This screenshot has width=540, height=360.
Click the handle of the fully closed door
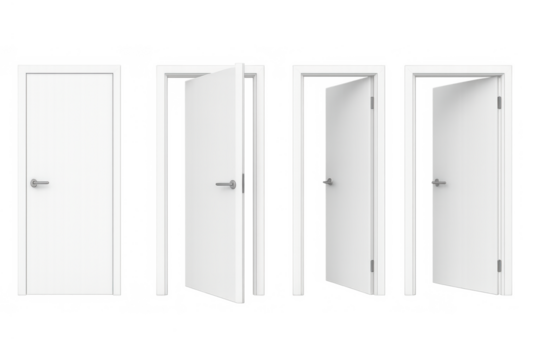(x=39, y=183)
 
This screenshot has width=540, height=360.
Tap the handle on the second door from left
(x=227, y=184)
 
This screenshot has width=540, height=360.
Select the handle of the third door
(x=327, y=182)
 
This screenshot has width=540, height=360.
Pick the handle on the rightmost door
(x=438, y=182)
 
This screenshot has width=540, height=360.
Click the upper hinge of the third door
(x=372, y=102)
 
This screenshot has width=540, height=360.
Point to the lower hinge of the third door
(x=372, y=265)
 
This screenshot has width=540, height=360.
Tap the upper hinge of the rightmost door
(x=498, y=102)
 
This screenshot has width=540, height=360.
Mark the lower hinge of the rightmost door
(x=498, y=265)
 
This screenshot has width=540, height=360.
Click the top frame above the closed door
(x=70, y=68)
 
